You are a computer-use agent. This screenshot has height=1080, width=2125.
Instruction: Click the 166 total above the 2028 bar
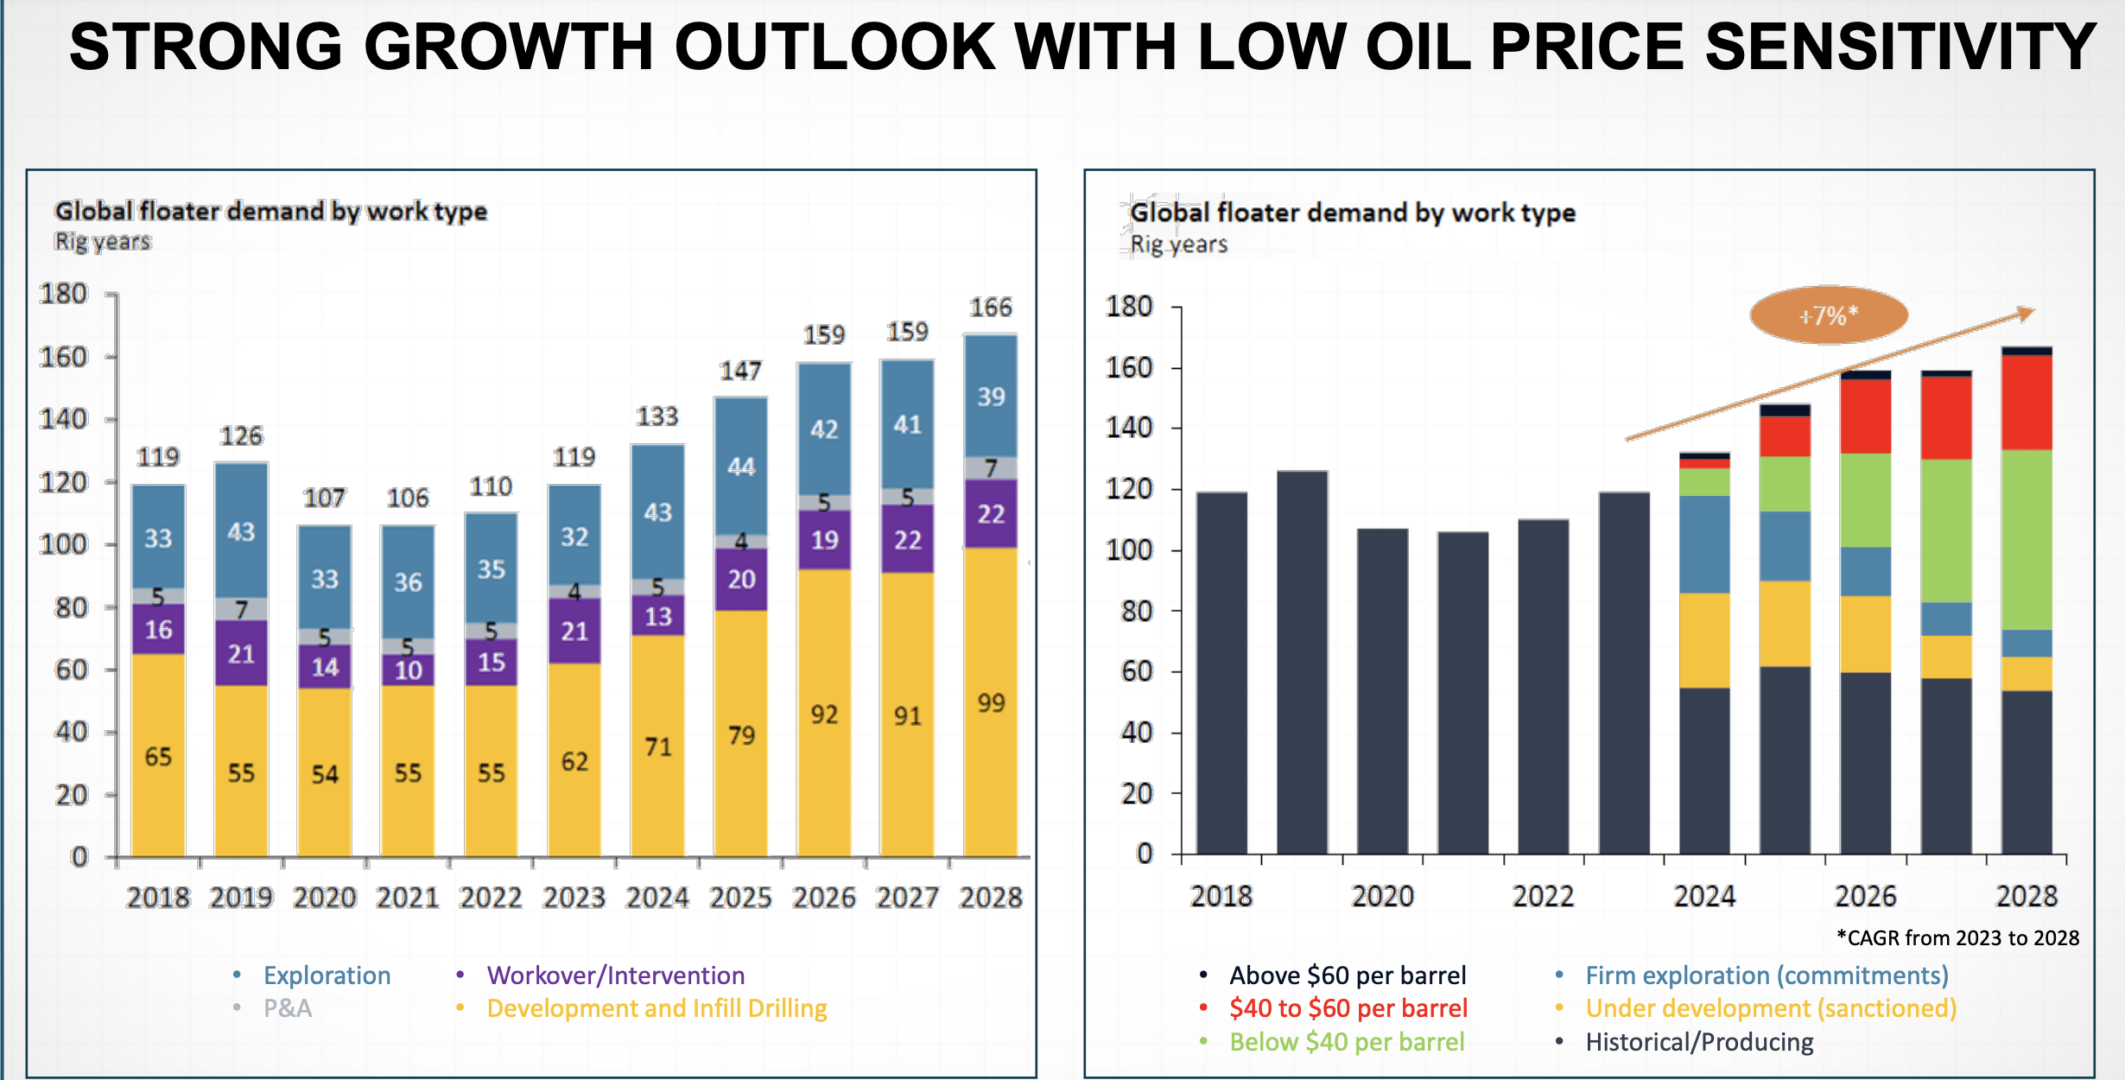pyautogui.click(x=990, y=308)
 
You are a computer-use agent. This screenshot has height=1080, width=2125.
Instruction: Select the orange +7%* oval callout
pyautogui.click(x=1828, y=315)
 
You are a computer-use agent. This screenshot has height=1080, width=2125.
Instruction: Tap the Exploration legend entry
pyautogui.click(x=327, y=975)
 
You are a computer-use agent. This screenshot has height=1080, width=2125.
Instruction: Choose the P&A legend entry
pyautogui.click(x=288, y=1008)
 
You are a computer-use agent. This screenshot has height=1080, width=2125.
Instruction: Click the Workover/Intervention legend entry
pyautogui.click(x=615, y=975)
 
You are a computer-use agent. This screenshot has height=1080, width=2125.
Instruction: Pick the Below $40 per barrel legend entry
pyautogui.click(x=1347, y=1042)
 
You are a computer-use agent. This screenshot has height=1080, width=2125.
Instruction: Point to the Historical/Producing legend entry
pyautogui.click(x=1699, y=1042)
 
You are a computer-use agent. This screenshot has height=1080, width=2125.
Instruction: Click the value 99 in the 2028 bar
pyautogui.click(x=991, y=702)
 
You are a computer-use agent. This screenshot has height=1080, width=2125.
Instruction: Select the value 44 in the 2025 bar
pyautogui.click(x=741, y=467)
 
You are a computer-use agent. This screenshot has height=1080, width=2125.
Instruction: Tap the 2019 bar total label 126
pyautogui.click(x=241, y=436)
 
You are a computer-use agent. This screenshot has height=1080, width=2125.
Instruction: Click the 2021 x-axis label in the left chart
pyautogui.click(x=408, y=898)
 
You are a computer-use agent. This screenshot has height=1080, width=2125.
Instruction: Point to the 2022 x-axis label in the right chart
pyautogui.click(x=1543, y=896)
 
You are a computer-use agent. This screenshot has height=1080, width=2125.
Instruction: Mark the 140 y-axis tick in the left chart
pyautogui.click(x=64, y=420)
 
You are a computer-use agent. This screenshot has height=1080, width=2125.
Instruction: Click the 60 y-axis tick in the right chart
pyautogui.click(x=1136, y=671)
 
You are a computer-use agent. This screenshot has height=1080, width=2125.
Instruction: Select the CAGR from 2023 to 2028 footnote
pyautogui.click(x=1957, y=938)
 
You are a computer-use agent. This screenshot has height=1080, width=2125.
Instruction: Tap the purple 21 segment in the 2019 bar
pyautogui.click(x=241, y=654)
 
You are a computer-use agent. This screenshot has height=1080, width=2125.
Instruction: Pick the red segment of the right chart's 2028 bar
pyautogui.click(x=2027, y=403)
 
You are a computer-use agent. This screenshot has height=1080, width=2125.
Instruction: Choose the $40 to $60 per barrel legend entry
pyautogui.click(x=1348, y=1008)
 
